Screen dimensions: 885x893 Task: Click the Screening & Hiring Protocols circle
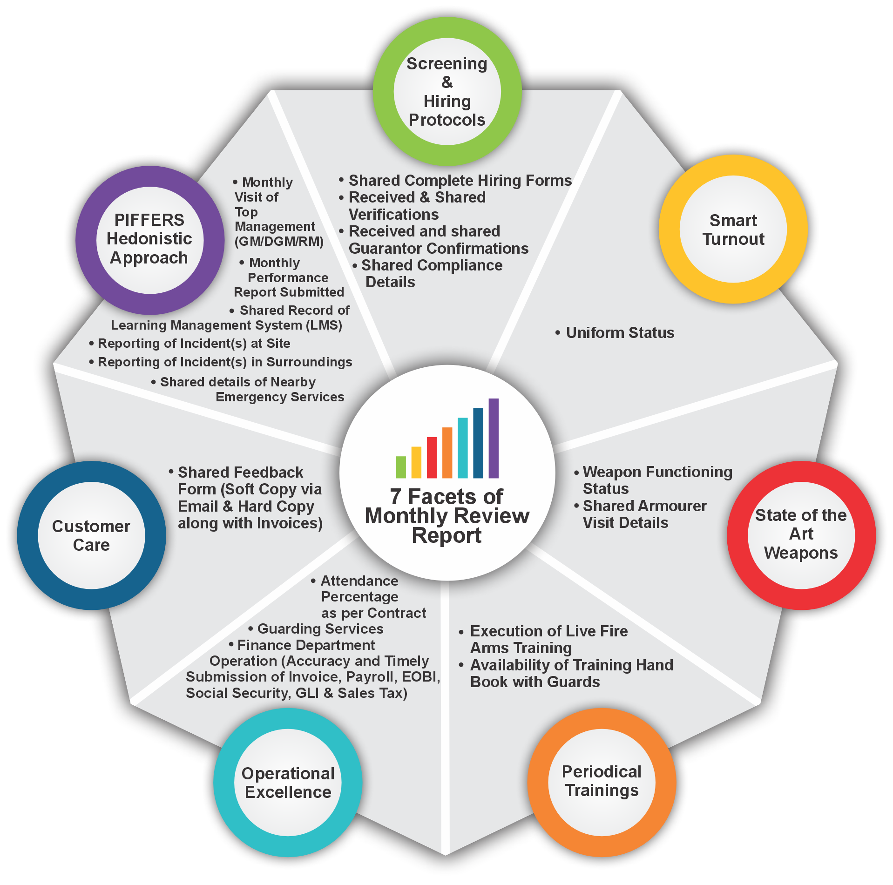pos(447,92)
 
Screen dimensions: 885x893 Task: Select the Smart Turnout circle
pos(733,230)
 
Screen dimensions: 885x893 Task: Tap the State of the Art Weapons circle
pos(801,534)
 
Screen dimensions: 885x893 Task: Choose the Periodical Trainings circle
pos(602,782)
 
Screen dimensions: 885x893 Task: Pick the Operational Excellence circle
pos(288,783)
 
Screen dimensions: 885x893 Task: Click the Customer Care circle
pos(91,535)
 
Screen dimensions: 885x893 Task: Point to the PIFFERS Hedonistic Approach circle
pos(149,240)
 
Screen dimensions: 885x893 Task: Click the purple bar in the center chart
pos(494,438)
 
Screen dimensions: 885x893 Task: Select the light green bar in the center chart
pos(401,467)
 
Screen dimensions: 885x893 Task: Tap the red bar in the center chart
pos(432,457)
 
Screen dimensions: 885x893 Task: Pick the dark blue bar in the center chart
pos(478,443)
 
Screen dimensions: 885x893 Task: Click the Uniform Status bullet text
pos(620,333)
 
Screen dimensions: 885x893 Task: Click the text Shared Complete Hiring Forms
pos(460,181)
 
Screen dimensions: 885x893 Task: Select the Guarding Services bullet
pos(320,629)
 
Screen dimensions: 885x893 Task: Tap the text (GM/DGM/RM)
pos(279,242)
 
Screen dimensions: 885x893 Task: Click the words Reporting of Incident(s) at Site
pos(194,344)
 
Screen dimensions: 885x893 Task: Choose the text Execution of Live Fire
pos(549,631)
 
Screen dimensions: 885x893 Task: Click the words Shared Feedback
pos(240,473)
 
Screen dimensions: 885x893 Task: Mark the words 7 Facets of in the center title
pos(446,497)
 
